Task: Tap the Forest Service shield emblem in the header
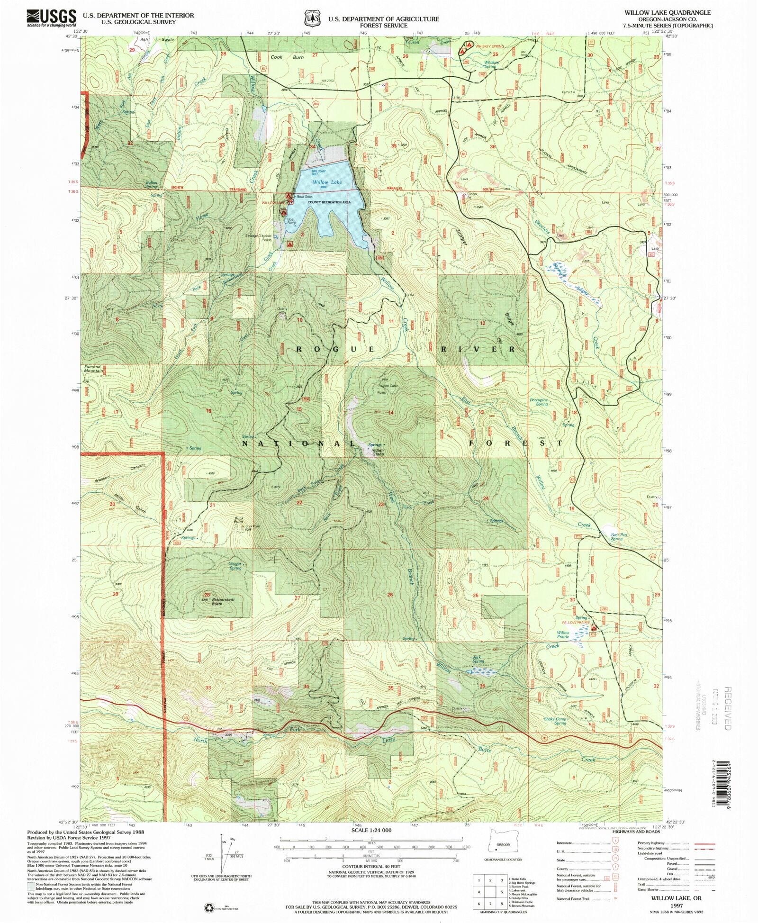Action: click(311, 18)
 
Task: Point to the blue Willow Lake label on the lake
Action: click(327, 182)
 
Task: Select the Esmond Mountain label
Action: click(93, 369)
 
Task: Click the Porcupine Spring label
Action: click(539, 402)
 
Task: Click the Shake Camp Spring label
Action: click(555, 721)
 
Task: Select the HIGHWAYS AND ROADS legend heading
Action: click(635, 832)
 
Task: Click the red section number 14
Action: click(391, 413)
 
